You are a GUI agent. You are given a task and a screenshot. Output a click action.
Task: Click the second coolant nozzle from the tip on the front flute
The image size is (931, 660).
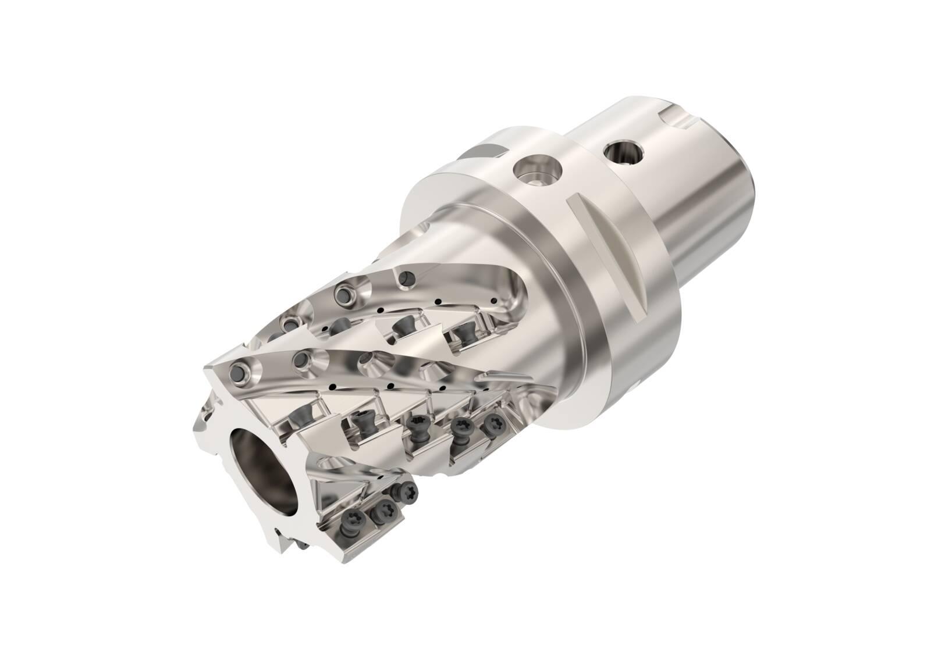(303, 360)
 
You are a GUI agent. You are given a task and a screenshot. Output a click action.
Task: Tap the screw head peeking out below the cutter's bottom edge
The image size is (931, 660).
(304, 544)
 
